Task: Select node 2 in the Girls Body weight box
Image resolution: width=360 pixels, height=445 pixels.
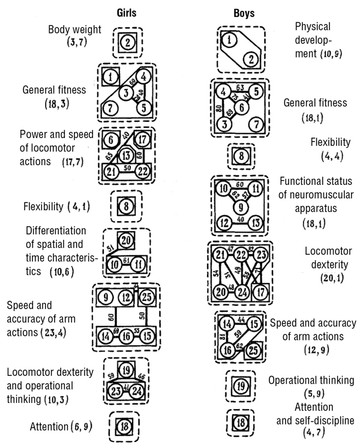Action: click(x=128, y=42)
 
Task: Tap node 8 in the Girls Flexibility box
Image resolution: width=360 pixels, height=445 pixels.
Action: click(x=127, y=207)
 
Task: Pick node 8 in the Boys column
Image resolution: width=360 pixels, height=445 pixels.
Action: click(x=240, y=157)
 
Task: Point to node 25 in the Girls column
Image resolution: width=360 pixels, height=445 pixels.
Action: click(x=149, y=296)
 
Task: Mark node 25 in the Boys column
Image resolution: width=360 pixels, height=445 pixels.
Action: click(x=253, y=349)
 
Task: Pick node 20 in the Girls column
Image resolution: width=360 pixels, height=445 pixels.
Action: click(x=125, y=240)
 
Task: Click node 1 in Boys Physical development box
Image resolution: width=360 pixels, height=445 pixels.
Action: click(x=228, y=40)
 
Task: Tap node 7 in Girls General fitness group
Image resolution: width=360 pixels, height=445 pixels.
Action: click(x=110, y=109)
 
